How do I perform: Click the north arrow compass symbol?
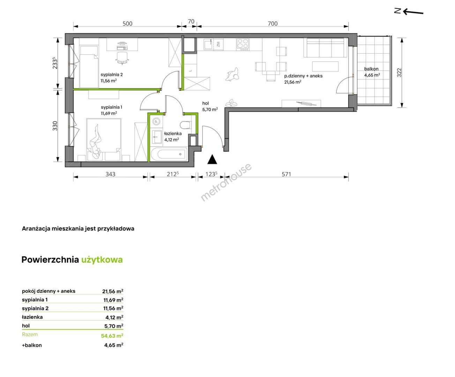click(409, 11)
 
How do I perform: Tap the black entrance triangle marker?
click(212, 159)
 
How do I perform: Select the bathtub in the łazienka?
click(169, 154)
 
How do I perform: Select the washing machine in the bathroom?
click(156, 121)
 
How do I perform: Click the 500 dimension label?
click(127, 23)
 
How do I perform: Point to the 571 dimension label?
click(286, 174)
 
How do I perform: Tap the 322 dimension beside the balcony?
click(399, 73)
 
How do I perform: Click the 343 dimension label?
click(110, 174)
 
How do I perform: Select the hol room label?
click(205, 103)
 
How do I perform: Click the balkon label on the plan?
click(371, 69)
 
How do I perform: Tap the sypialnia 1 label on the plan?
click(111, 107)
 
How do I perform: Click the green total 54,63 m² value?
click(112, 335)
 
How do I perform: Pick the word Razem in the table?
click(30, 334)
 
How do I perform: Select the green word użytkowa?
click(102, 260)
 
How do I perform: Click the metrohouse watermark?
click(226, 182)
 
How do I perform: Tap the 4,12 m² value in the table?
click(114, 317)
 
